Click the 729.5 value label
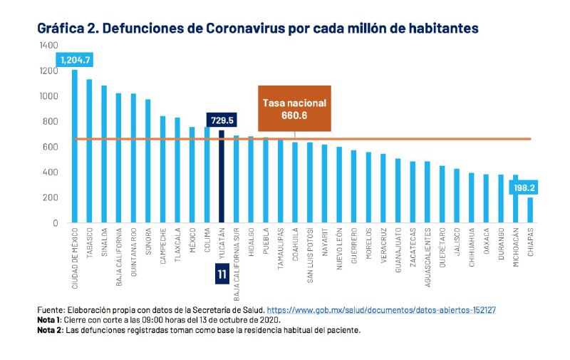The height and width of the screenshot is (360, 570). point(221,120)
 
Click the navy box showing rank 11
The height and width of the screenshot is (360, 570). point(221,274)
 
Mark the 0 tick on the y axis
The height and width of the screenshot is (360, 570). point(54,223)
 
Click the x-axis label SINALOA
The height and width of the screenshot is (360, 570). point(104,243)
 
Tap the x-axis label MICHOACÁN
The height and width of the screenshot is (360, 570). point(515,249)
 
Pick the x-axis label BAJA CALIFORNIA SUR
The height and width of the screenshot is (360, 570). point(236,261)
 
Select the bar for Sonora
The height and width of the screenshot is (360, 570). point(147,161)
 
